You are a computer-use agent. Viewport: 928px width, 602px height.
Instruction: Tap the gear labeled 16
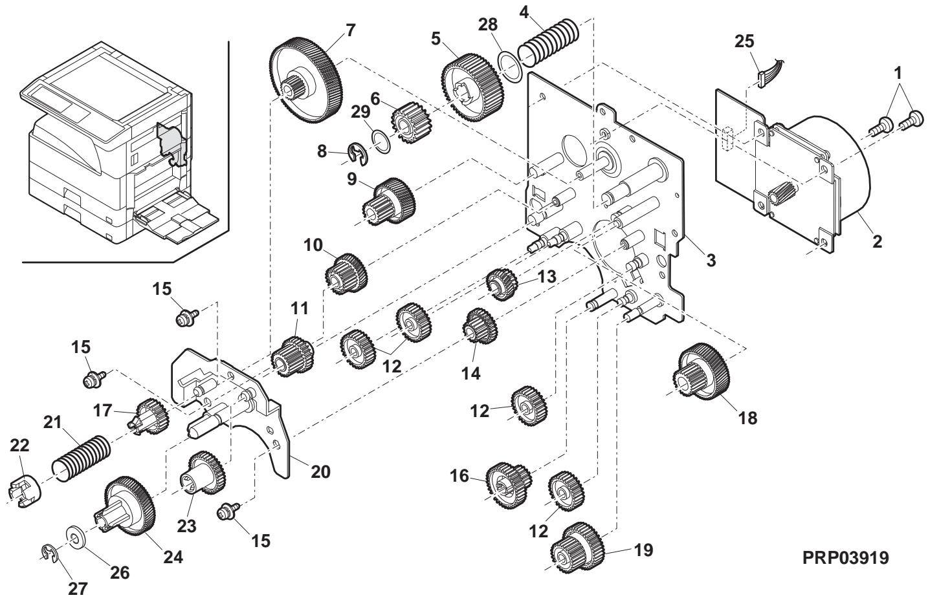click(508, 486)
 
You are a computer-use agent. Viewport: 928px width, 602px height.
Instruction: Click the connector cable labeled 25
click(770, 69)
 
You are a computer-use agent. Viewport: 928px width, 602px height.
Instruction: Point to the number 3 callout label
click(711, 261)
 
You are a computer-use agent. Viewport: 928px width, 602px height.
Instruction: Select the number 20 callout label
click(320, 472)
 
